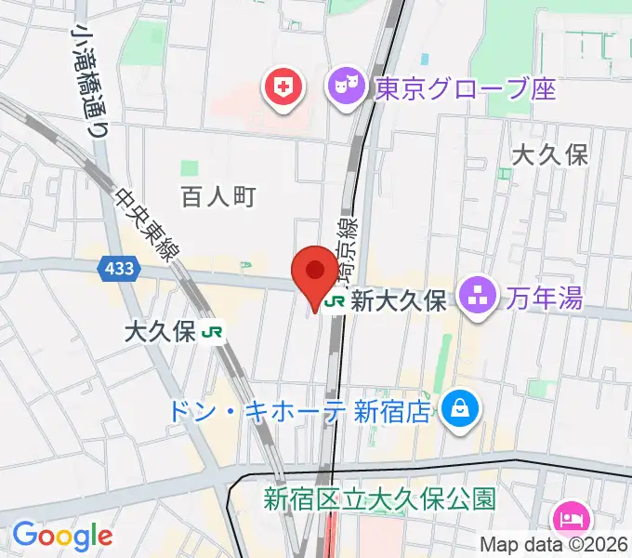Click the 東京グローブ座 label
click(x=465, y=89)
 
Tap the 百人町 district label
click(x=217, y=196)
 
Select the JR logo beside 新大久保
click(x=336, y=302)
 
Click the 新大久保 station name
click(x=401, y=302)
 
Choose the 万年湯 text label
click(x=545, y=299)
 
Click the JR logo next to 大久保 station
click(x=214, y=331)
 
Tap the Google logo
click(x=62, y=536)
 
